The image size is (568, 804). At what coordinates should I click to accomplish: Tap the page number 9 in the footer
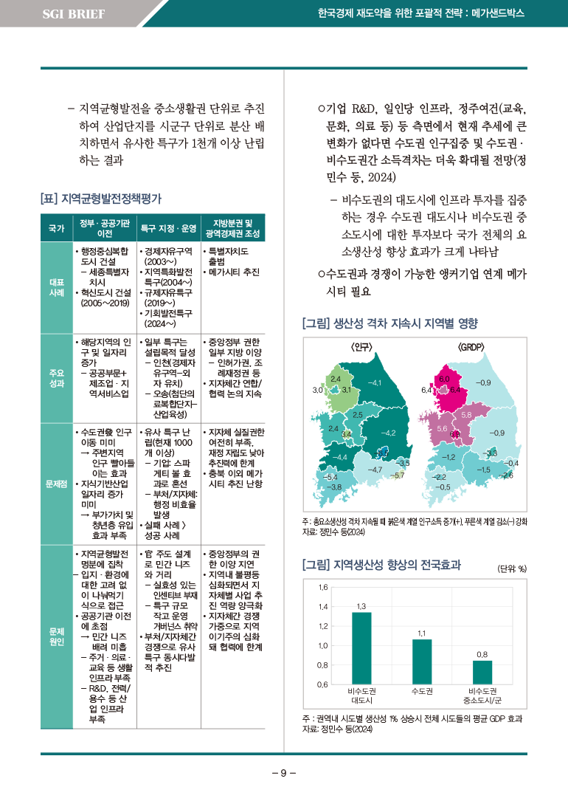tap(283, 773)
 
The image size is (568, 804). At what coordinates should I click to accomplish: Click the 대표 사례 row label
tap(56, 288)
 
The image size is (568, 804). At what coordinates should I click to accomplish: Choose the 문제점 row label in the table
tap(56, 484)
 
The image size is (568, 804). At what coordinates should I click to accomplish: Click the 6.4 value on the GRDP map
tap(426, 390)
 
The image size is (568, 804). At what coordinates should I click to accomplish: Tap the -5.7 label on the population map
tap(399, 475)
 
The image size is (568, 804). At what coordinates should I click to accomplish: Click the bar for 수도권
tap(422, 661)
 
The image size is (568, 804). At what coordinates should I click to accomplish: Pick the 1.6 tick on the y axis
tap(322, 587)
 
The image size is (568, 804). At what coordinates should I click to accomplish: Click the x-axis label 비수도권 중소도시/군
tap(482, 695)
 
